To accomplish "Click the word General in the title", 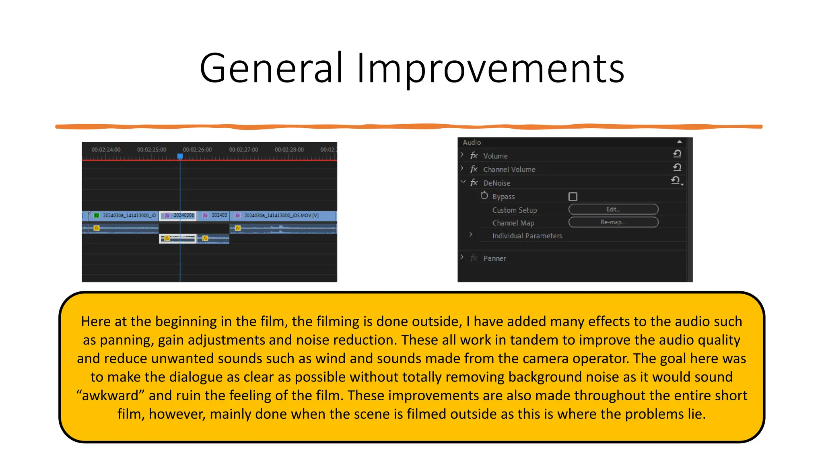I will pos(271,68).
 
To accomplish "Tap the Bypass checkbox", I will pos(573,197).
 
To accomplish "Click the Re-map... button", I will pos(613,222).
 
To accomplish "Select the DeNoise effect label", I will pos(496,183).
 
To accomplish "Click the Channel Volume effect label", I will pos(509,170).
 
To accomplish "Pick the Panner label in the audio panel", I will pos(494,258).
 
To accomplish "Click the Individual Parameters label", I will pos(527,236).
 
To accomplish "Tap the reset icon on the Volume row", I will pos(677,154).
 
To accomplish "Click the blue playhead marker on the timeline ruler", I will pos(180,156).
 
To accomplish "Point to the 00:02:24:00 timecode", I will pos(106,150).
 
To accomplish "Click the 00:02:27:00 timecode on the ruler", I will pos(243,150).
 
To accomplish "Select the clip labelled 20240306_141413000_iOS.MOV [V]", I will pos(282,216).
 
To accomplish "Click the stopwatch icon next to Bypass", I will pos(484,196).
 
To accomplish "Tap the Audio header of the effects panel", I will pos(472,143).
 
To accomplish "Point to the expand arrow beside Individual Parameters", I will pos(471,235).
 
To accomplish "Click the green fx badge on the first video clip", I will pos(97,216).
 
